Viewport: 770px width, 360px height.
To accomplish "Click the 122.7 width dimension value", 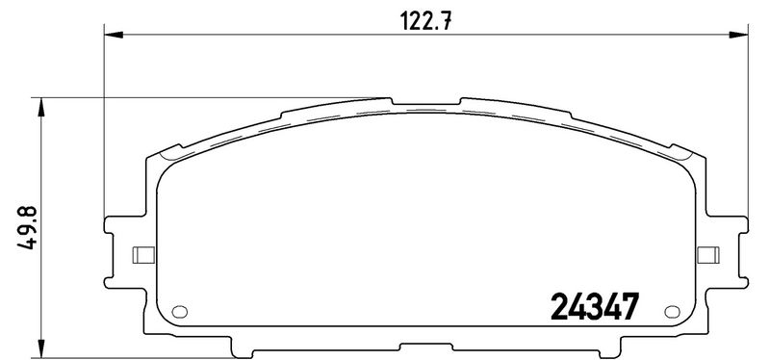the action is coord(425,21).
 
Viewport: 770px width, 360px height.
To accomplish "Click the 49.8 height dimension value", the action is coord(28,228).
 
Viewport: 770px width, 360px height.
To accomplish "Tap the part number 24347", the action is coord(595,306).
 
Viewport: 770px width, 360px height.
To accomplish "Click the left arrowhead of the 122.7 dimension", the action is coord(114,35).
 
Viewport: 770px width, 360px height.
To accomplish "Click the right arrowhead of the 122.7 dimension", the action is coord(738,35).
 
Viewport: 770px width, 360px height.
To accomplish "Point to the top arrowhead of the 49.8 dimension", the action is coord(41,107).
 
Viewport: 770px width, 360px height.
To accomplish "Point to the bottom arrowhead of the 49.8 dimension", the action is coord(41,348).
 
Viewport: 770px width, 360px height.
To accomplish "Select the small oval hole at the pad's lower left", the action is coord(180,311).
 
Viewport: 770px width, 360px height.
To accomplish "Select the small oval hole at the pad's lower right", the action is coord(672,311).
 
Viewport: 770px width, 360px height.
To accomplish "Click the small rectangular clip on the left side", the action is coord(143,255).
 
